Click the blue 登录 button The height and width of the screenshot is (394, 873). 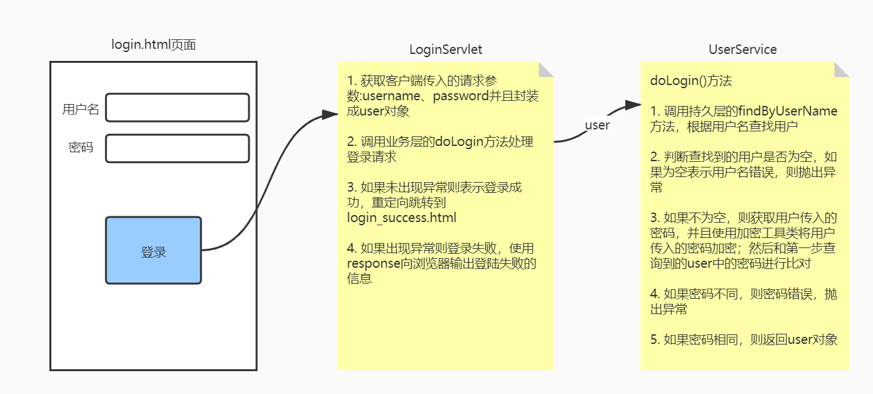click(x=153, y=251)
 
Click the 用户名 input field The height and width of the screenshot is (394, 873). click(x=177, y=108)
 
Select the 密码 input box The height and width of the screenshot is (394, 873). click(x=177, y=148)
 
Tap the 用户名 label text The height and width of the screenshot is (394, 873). click(x=80, y=109)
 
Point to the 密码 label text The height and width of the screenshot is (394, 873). click(x=80, y=148)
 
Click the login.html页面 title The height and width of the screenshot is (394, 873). click(x=153, y=44)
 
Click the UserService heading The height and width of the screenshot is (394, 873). click(x=742, y=49)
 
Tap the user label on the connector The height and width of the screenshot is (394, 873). click(x=597, y=125)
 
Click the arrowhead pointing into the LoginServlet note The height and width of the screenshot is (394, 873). click(x=331, y=114)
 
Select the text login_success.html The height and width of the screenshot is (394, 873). click(x=402, y=218)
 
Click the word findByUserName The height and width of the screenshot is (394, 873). click(x=793, y=111)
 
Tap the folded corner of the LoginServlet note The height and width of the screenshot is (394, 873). click(x=547, y=69)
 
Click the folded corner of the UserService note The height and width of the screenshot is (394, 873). click(x=842, y=69)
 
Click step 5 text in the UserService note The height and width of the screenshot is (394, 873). click(x=744, y=339)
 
